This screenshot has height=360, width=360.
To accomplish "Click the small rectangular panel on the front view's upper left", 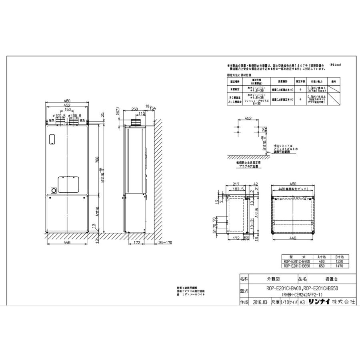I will coord(51,139).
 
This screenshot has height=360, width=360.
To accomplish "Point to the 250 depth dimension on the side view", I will coord(134,109).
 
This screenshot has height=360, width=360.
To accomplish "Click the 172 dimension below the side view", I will coord(136,243).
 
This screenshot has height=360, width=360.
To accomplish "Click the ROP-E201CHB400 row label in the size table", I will coord(296,261).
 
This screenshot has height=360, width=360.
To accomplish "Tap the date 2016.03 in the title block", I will coord(260,303).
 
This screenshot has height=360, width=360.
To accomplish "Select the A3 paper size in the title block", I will coord(302,303).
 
